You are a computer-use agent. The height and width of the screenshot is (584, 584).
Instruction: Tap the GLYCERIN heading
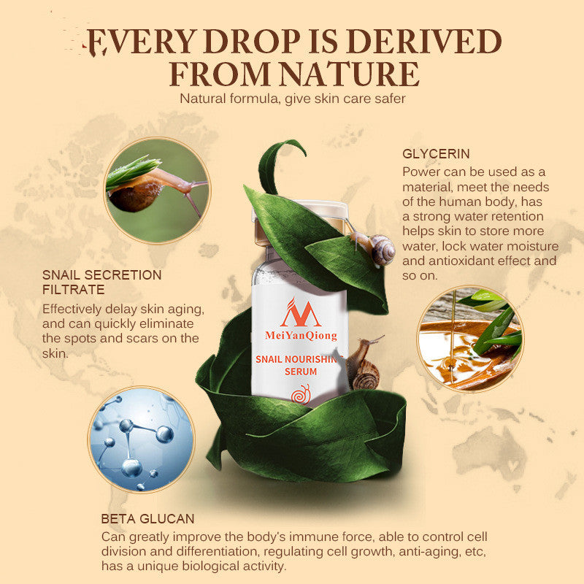436,154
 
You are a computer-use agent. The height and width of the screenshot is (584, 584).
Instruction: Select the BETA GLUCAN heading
148,519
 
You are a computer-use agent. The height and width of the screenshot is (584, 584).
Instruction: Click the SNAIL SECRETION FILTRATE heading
101,282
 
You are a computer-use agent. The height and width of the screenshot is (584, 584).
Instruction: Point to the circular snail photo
156,189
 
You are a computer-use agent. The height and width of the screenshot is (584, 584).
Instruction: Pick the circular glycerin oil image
469,337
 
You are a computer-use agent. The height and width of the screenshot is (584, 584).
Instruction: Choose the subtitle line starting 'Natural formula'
291,99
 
